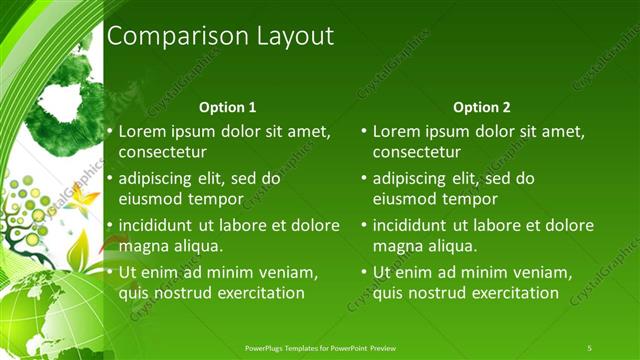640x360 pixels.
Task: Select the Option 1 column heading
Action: coord(228,107)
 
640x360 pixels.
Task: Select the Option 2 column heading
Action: coord(482,107)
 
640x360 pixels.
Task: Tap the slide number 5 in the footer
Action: coord(589,347)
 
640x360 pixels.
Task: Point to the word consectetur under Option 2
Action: coord(417,153)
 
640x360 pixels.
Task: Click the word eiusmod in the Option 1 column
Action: coord(150,199)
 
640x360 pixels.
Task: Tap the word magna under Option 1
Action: coord(144,246)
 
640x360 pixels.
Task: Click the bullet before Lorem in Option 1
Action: coord(110,132)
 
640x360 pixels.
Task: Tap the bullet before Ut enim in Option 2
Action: coord(364,272)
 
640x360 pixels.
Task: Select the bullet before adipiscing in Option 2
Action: coord(364,179)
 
